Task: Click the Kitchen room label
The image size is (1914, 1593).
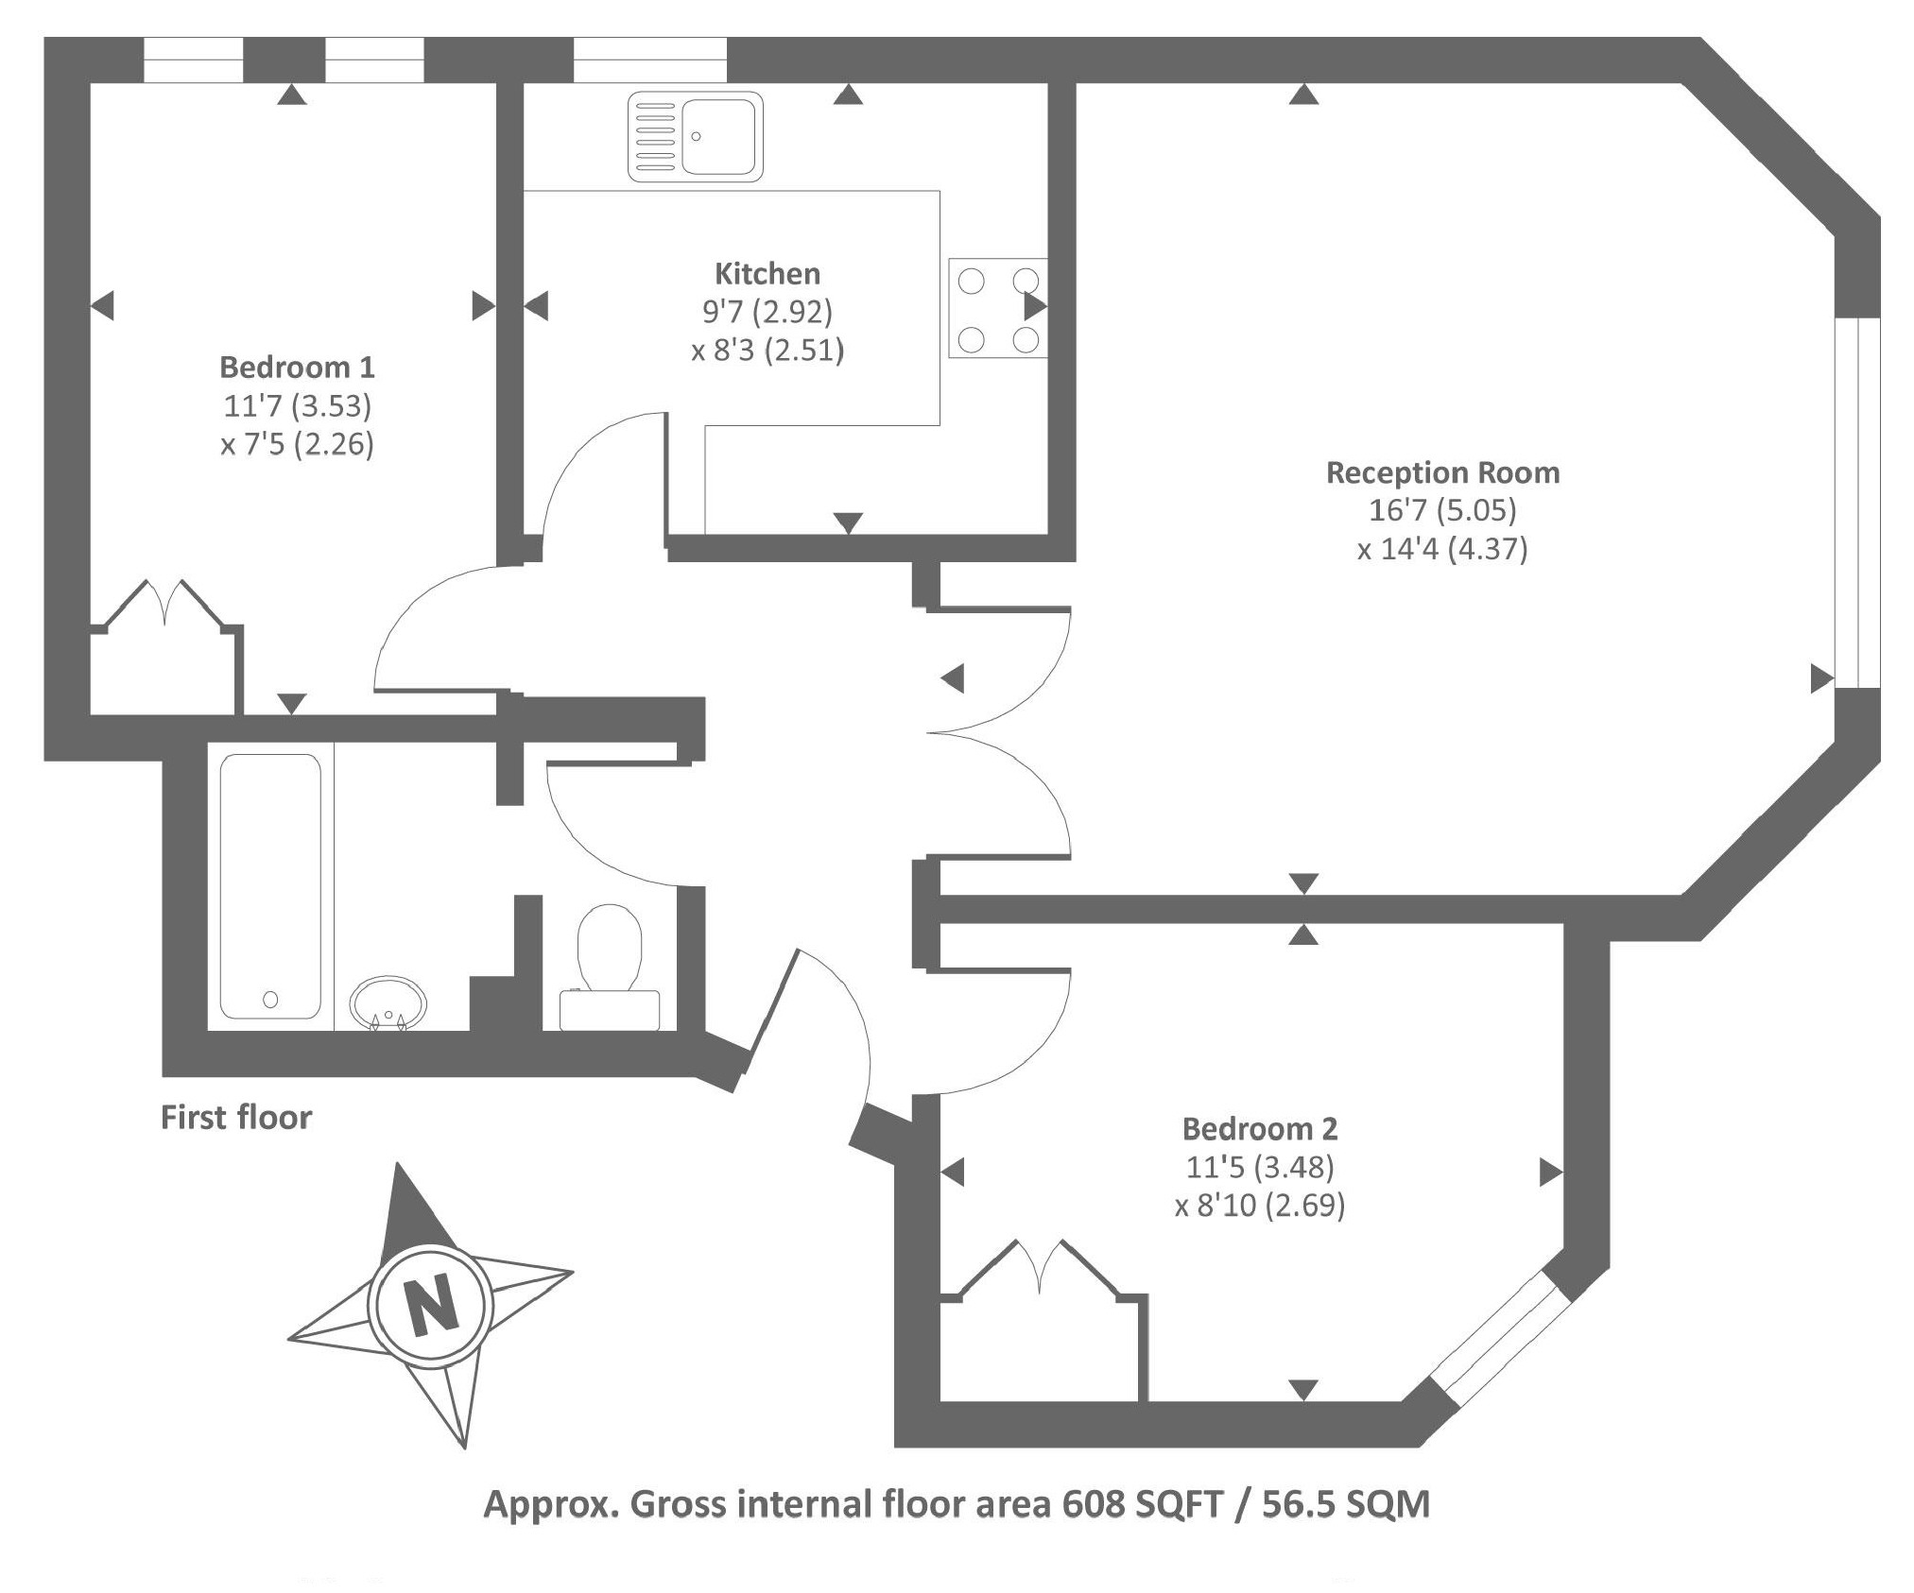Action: point(767,274)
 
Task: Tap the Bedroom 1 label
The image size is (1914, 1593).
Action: point(297,367)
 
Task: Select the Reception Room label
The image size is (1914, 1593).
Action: point(1442,472)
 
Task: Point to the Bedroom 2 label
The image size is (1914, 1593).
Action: point(1260,1129)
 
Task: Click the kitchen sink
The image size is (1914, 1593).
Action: point(696,137)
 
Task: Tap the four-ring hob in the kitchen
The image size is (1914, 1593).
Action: point(998,308)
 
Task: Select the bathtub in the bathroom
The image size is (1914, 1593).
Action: point(270,886)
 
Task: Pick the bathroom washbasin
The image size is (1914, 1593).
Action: point(389,1002)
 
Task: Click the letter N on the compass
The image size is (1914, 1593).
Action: point(432,1308)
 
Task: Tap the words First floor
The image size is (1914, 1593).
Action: point(236,1118)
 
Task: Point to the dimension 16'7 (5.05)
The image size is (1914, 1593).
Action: point(1442,510)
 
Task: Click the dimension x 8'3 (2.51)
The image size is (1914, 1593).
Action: point(767,351)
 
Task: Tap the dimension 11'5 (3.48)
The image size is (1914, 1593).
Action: point(1260,1168)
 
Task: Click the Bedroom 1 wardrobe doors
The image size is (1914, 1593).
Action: point(166,605)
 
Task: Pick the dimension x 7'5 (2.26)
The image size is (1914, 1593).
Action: point(297,444)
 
